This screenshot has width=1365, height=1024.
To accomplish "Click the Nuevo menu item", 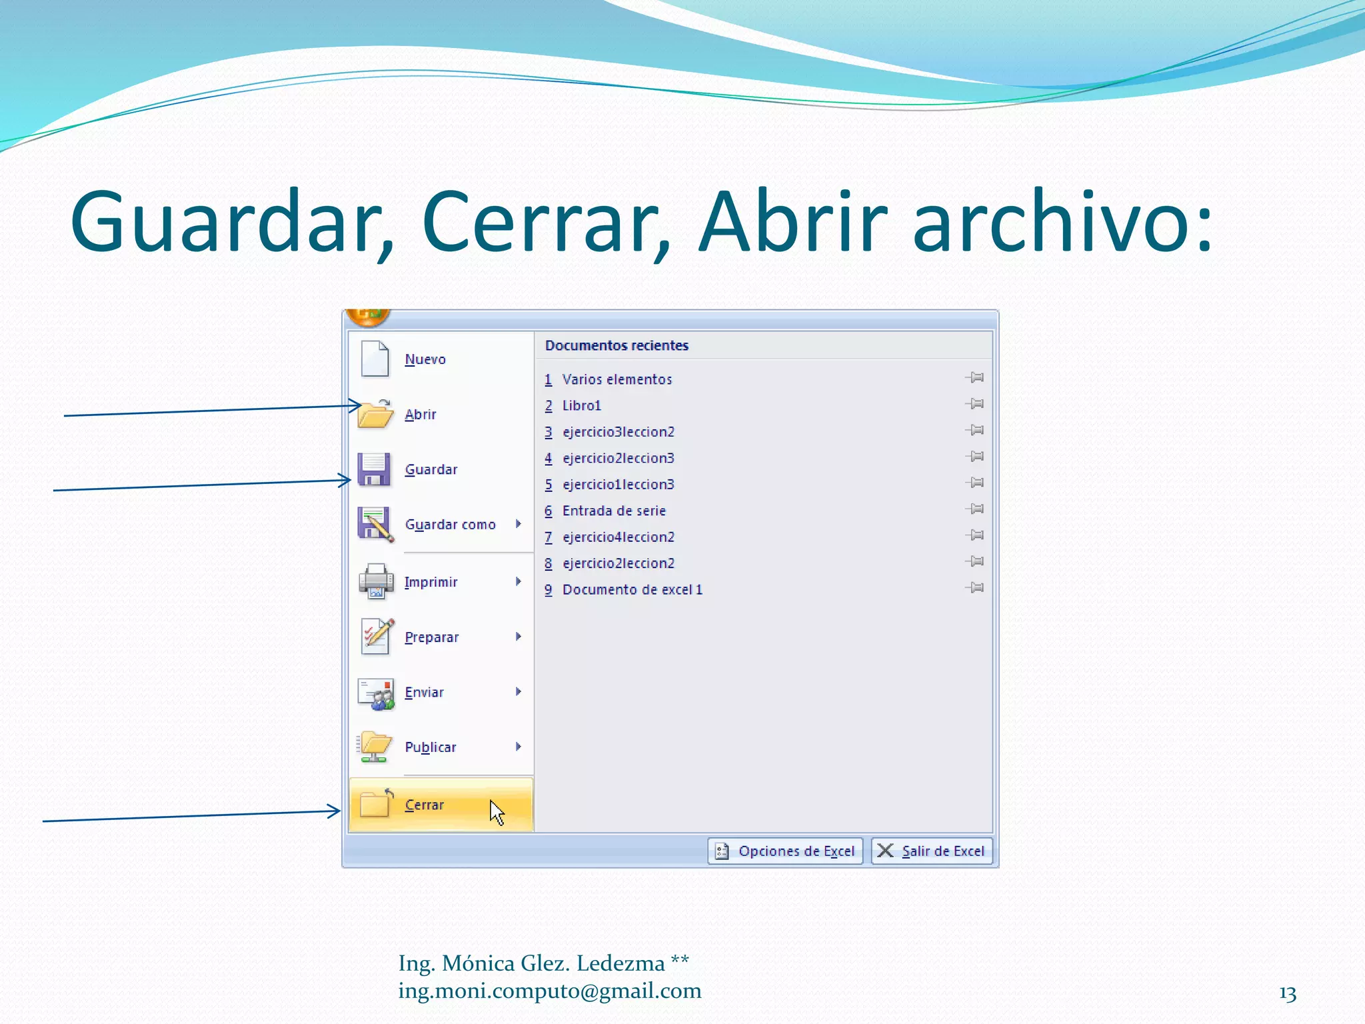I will pos(425,359).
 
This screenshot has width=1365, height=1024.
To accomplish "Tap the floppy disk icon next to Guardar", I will pos(374,469).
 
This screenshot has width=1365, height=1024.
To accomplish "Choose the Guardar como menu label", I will pos(450,525).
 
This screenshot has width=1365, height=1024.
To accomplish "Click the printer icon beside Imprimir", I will pos(375,581).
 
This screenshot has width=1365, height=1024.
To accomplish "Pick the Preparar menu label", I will pos(431,637).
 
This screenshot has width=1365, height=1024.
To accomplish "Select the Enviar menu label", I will pos(424,692).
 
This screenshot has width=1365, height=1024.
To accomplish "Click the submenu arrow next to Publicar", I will pos(518,747).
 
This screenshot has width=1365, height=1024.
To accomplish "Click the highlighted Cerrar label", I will pos(424,805).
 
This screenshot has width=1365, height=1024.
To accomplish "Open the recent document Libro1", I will pos(581,405).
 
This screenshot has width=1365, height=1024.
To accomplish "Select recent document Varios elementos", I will pos(617,379).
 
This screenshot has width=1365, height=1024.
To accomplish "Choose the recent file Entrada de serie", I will pos(613,511).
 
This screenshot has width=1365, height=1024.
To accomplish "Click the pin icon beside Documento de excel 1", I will pos(974,588).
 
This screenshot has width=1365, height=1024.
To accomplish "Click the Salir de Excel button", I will pos(932,851).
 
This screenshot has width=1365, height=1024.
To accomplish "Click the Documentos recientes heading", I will pos(617,345).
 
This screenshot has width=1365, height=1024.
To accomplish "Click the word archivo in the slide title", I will pos(1062,221).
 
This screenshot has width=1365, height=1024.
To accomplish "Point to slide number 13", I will pos(1288,994).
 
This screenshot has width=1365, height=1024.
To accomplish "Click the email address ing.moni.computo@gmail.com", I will pos(550,991).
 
